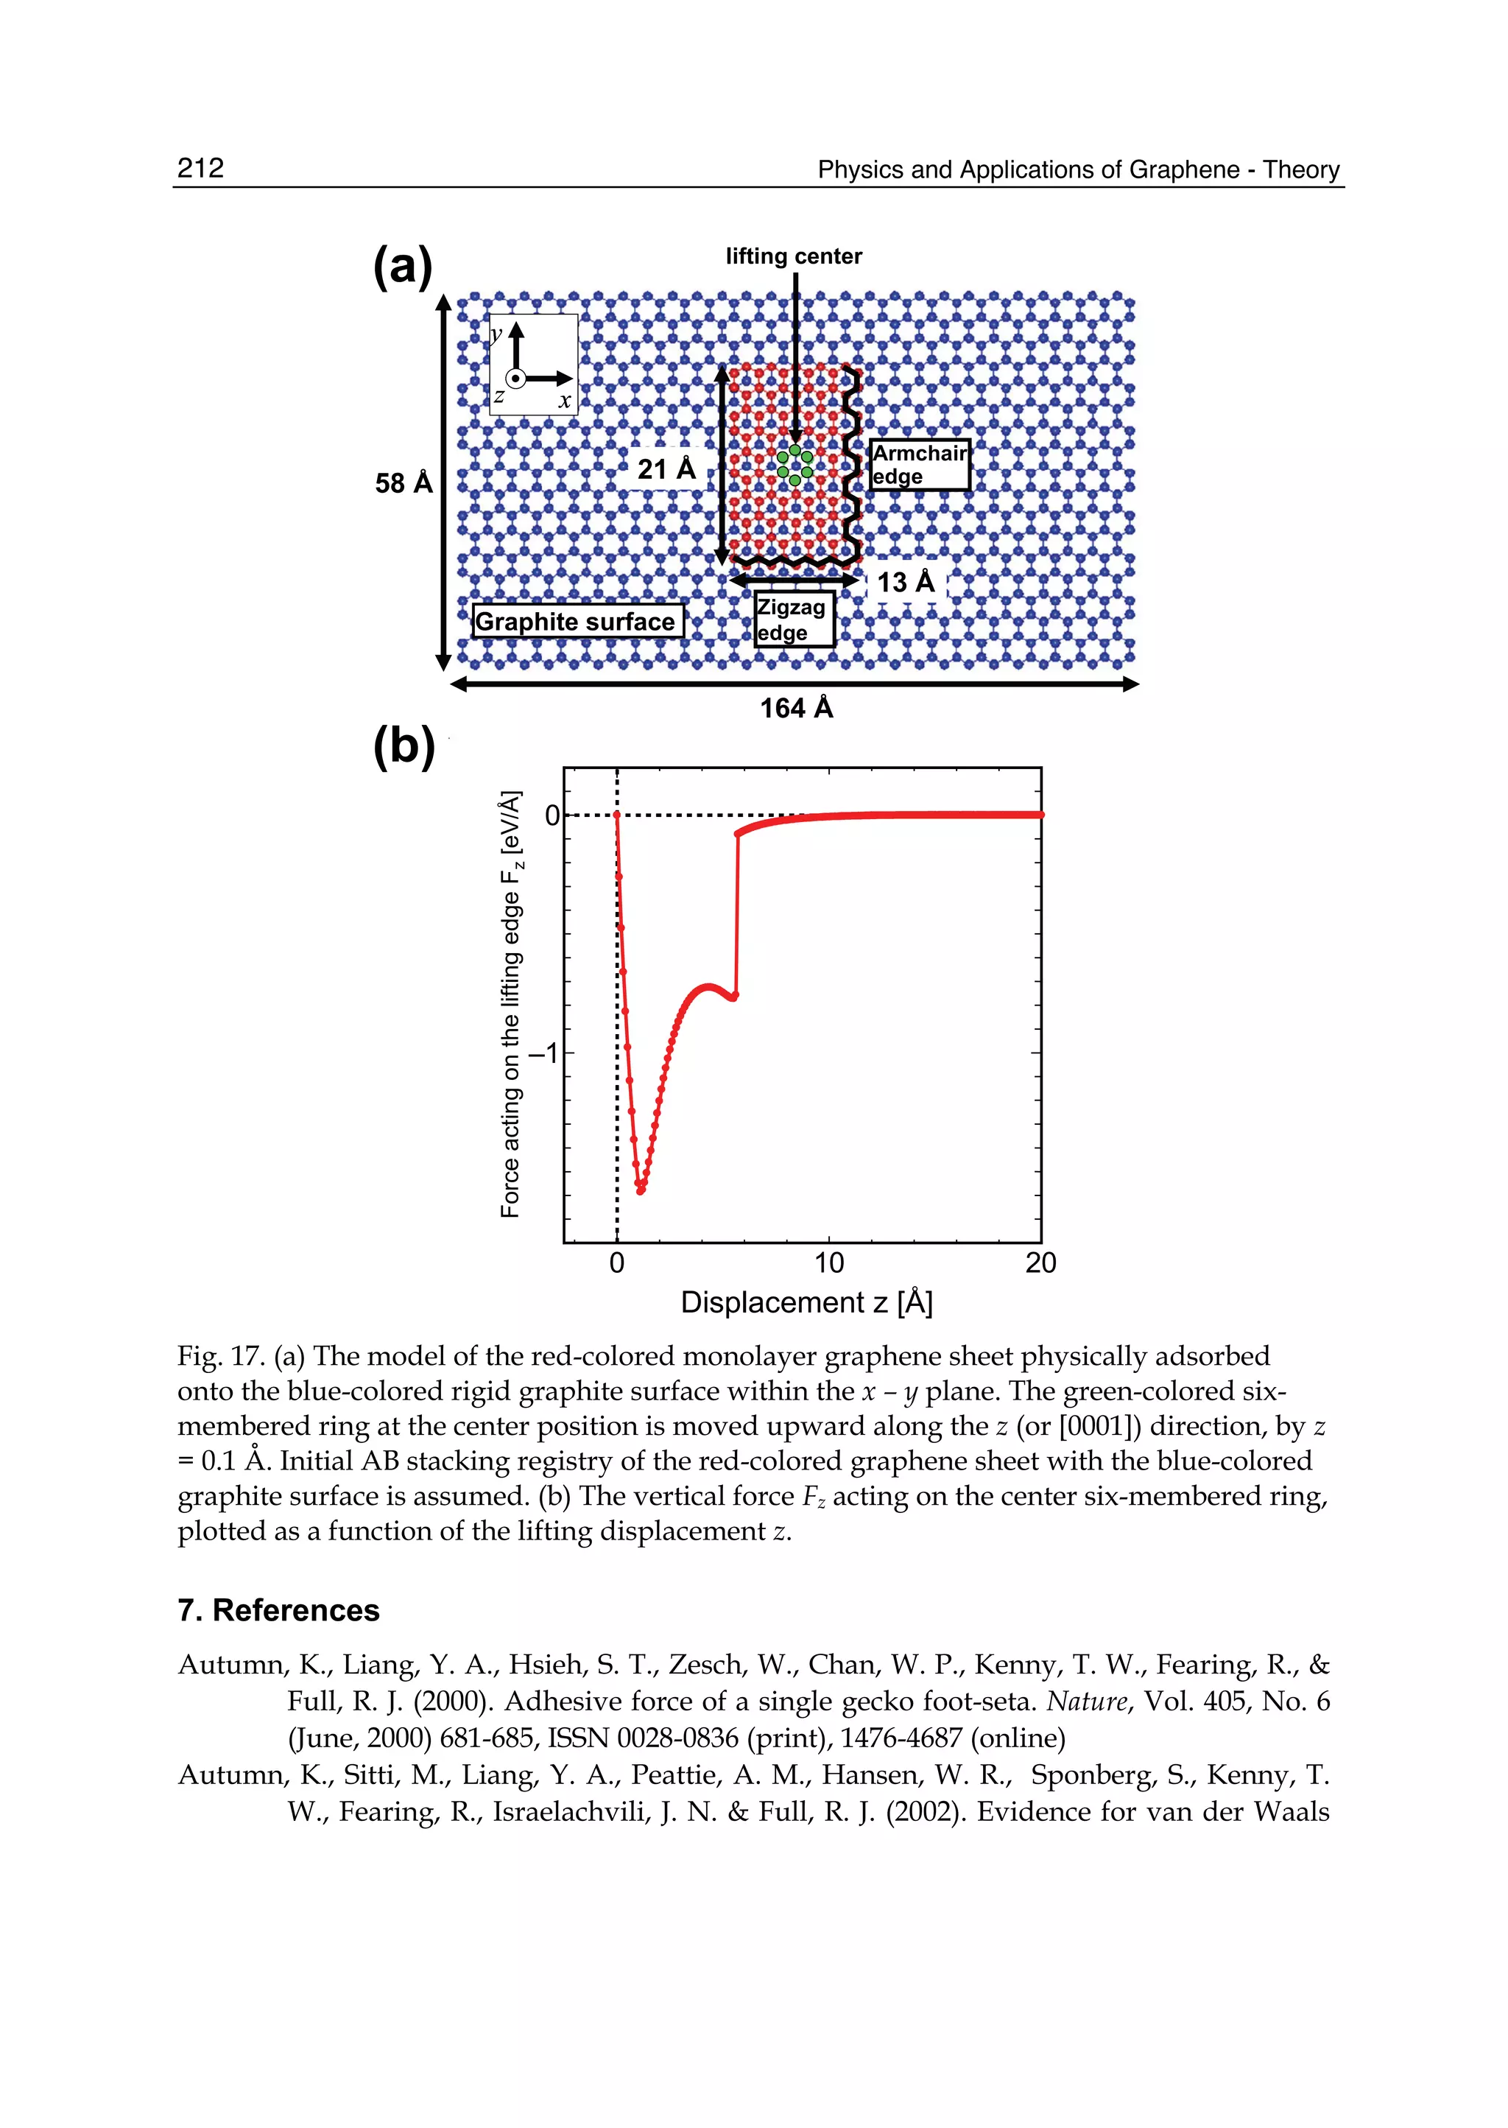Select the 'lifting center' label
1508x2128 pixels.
[793, 256]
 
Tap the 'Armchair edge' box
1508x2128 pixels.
[919, 465]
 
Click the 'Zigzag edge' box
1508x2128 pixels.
[794, 619]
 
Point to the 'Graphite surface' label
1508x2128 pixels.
[577, 622]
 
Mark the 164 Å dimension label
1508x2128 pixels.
[796, 709]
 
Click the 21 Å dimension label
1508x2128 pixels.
[666, 469]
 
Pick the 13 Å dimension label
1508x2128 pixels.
[906, 583]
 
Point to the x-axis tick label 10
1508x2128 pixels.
[829, 1263]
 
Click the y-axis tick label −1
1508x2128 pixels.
[544, 1053]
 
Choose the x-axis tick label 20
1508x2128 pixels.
[1041, 1263]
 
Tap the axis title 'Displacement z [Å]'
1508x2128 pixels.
[806, 1302]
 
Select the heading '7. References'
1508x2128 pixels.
[278, 1609]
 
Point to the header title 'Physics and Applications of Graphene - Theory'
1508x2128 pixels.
[1078, 170]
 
